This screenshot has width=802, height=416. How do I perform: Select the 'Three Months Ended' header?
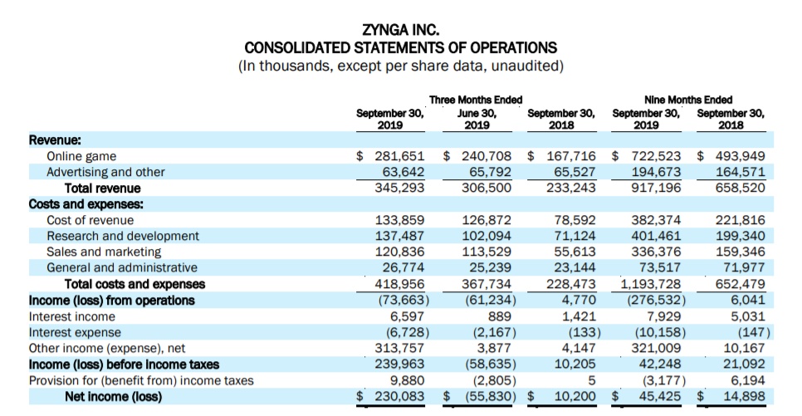tap(475, 100)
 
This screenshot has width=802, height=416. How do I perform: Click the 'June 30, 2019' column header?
tap(477, 119)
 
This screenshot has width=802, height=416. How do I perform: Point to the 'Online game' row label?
tap(81, 156)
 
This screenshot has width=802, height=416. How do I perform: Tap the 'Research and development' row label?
tap(122, 236)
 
